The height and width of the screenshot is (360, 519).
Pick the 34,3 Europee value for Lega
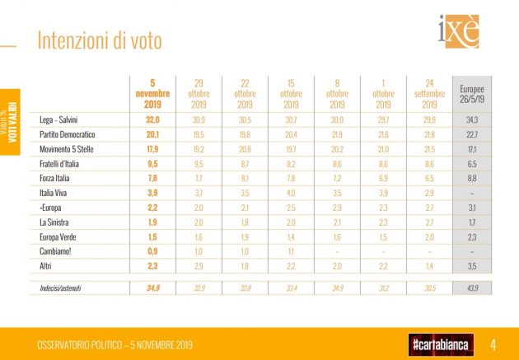(471, 120)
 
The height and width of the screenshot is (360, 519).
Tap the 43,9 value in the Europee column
(471, 288)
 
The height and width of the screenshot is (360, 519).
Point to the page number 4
(492, 343)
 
